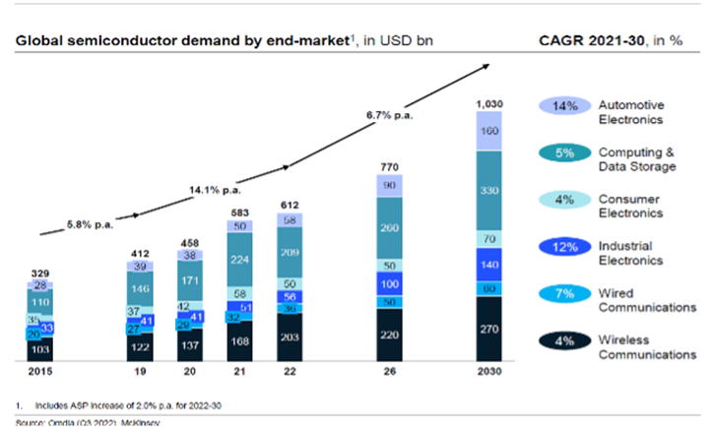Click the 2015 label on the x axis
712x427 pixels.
coord(40,372)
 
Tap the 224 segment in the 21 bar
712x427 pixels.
coord(238,261)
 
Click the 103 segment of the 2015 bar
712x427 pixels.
coord(40,348)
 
